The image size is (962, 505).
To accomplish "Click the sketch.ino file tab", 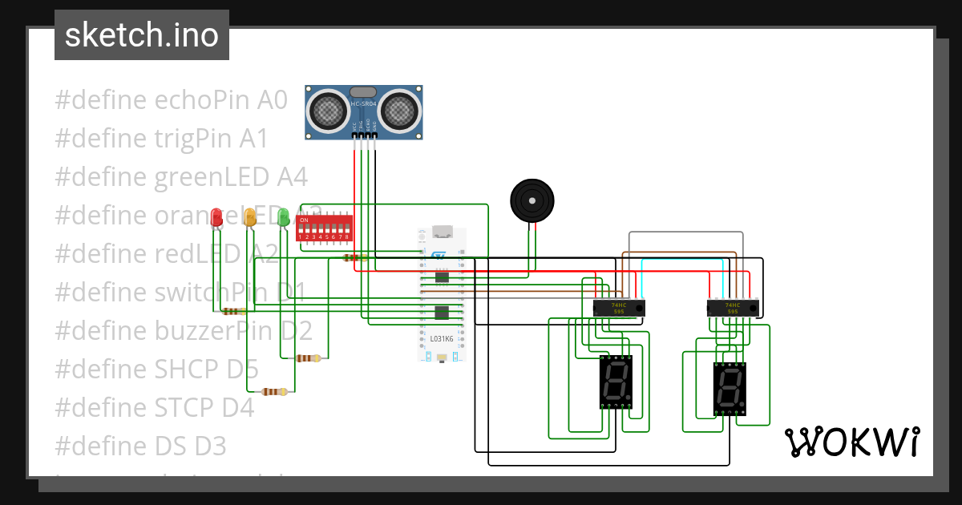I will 142,35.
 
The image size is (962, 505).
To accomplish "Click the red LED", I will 216,217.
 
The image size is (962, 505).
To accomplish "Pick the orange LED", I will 249,216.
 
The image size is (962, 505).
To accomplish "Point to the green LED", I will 283,216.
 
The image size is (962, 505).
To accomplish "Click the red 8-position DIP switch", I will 324,228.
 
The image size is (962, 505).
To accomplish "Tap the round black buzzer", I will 532,200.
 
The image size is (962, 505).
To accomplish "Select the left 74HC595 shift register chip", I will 619,308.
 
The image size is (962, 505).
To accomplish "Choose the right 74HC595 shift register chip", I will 733,308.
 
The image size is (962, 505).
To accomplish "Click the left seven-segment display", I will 616,382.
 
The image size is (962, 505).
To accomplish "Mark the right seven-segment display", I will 730,388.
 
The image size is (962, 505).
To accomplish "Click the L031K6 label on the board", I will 442,339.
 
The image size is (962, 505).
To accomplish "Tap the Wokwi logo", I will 851,442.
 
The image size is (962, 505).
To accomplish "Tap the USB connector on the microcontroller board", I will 442,233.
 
